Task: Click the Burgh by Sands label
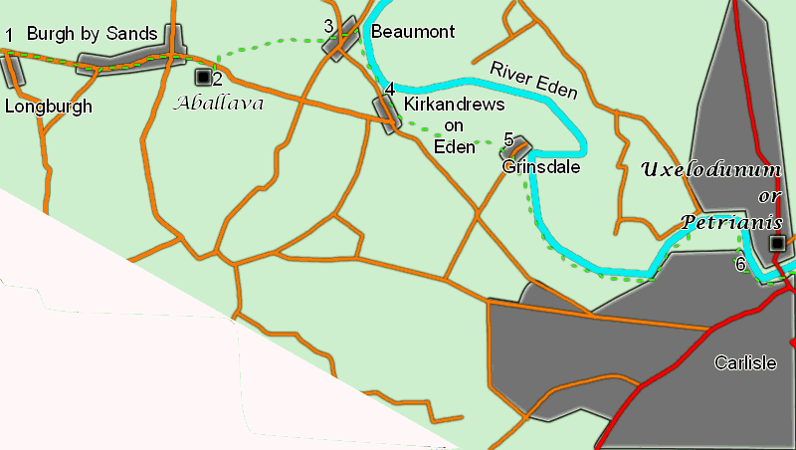[92, 34]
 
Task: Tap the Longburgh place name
[48, 106]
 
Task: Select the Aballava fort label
[219, 101]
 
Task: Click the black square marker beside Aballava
[203, 76]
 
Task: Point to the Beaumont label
[412, 32]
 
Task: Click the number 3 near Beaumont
[328, 25]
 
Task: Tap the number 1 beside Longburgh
[9, 36]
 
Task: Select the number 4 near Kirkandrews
[390, 89]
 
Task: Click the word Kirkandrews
[455, 105]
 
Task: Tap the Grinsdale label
[541, 166]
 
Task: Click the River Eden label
[533, 79]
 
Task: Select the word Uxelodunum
[711, 168]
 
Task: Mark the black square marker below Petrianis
[776, 242]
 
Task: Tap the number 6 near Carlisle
[739, 264]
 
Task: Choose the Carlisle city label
[744, 362]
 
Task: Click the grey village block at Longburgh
[12, 69]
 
